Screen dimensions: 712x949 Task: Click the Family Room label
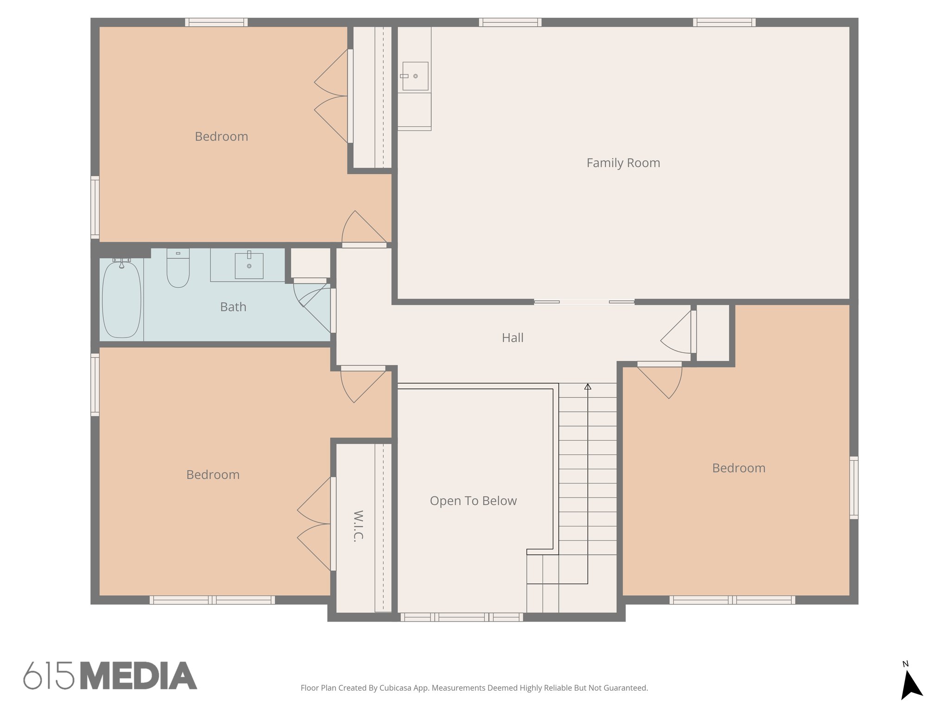623,163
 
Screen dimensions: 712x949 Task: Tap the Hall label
512,338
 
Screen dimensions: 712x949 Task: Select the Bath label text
233,307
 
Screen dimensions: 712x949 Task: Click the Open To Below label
473,501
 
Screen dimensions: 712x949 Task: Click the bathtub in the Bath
121,299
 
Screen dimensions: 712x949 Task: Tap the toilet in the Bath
178,269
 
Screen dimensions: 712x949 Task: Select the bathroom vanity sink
249,266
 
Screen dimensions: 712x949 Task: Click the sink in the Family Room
415,76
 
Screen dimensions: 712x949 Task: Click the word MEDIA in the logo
139,676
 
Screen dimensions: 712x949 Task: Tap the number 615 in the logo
49,676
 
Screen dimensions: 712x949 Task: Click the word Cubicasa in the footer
396,688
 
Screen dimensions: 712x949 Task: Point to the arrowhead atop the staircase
588,386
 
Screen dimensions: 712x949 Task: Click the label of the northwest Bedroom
221,137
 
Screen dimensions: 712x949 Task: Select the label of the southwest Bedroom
213,475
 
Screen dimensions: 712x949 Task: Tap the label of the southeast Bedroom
739,468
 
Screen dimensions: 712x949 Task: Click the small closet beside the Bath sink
310,263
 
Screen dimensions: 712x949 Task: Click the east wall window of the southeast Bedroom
854,487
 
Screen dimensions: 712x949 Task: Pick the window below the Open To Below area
462,617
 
